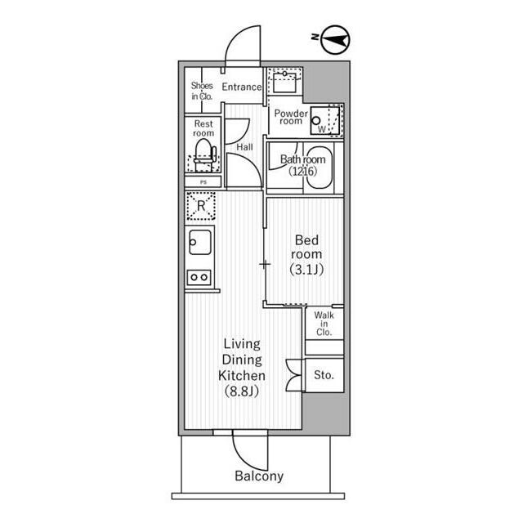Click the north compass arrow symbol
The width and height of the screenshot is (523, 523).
pyautogui.click(x=335, y=40)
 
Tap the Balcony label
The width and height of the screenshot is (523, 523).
pyautogui.click(x=259, y=476)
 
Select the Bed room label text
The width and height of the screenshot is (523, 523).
pyautogui.click(x=306, y=247)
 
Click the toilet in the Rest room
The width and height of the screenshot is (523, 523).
pyautogui.click(x=203, y=154)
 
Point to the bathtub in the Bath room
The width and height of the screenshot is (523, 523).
pyautogui.click(x=320, y=168)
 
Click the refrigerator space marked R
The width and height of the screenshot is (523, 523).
pyautogui.click(x=200, y=206)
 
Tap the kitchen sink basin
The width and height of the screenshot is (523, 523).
pyautogui.click(x=200, y=242)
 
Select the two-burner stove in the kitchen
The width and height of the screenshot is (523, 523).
pyautogui.click(x=199, y=277)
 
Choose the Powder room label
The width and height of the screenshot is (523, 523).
pyautogui.click(x=291, y=117)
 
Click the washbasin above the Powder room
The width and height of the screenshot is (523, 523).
pyautogui.click(x=284, y=83)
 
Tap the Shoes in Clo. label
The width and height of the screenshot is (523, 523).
pyautogui.click(x=202, y=91)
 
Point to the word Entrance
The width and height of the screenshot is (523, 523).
pyautogui.click(x=242, y=87)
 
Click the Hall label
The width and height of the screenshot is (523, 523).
pyautogui.click(x=244, y=147)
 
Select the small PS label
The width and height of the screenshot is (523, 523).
pyautogui.click(x=203, y=182)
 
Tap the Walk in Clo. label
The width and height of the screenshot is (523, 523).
pyautogui.click(x=324, y=324)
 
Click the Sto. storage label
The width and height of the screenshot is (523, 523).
pyautogui.click(x=324, y=375)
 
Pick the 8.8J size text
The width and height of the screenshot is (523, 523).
pyautogui.click(x=242, y=391)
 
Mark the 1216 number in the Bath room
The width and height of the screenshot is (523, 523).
pyautogui.click(x=303, y=171)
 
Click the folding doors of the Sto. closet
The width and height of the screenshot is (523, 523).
pyautogui.click(x=295, y=375)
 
